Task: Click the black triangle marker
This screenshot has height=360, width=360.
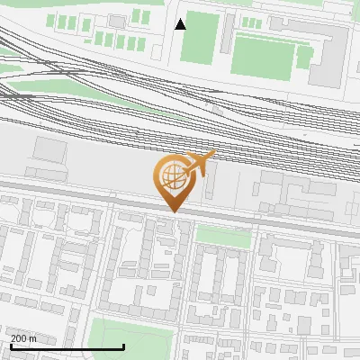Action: point(181,24)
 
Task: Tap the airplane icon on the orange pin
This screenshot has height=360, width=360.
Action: point(202,165)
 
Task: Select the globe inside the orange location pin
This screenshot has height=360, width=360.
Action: point(171,175)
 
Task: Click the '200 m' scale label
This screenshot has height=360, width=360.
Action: point(24,337)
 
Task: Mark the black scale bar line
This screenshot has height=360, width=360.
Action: point(67,346)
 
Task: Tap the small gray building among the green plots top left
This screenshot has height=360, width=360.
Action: point(117,20)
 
